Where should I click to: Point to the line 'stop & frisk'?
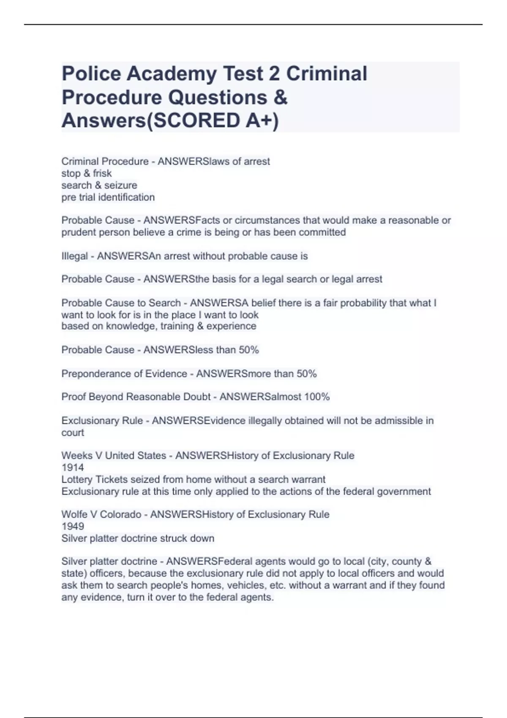pyautogui.click(x=87, y=174)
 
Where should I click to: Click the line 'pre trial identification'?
pyautogui.click(x=108, y=197)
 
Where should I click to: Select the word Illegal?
pyautogui.click(x=74, y=256)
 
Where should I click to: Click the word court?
pyautogui.click(x=73, y=433)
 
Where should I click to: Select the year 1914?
pyautogui.click(x=73, y=468)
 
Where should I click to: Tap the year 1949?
pyautogui.click(x=73, y=526)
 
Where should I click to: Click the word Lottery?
pyautogui.click(x=77, y=479)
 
